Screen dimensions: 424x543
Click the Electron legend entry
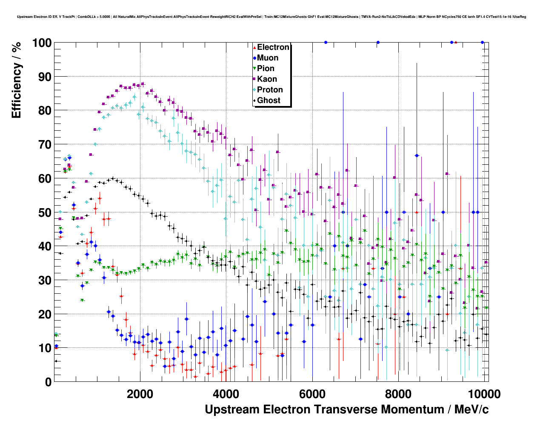coord(273,47)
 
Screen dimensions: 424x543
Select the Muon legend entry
coord(268,58)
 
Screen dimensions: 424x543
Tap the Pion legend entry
coord(266,69)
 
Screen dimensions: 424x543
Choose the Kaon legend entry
coord(267,79)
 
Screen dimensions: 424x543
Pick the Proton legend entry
coord(270,90)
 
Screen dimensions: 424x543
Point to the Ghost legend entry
coord(269,100)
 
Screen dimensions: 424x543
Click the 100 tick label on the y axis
coord(42,43)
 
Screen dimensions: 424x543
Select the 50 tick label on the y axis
coord(45,212)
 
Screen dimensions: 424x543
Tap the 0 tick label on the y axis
coord(48,382)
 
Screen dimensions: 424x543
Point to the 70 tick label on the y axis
coord(45,145)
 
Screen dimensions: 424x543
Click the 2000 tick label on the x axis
coord(139,394)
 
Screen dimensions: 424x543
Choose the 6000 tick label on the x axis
coord(312,394)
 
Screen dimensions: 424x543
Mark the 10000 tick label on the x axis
coord(483,394)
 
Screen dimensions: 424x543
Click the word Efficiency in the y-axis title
coord(16,91)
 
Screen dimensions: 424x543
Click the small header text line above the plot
coord(271,17)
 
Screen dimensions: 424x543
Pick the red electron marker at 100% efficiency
coord(456,42)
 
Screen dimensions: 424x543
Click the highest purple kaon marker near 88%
coord(143,84)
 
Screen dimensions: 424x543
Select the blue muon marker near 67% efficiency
coord(417,155)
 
